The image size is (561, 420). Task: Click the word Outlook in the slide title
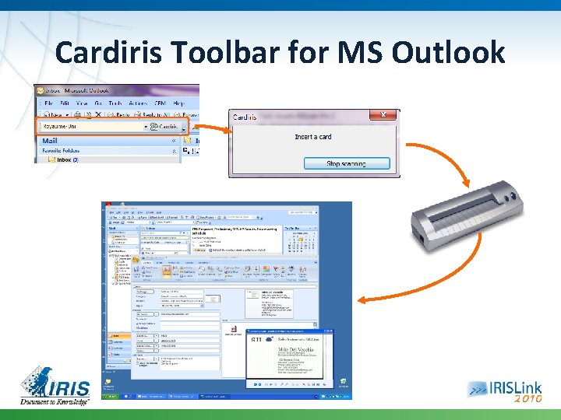coord(448,53)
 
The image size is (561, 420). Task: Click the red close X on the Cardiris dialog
coord(383,116)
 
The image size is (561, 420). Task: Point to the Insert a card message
coord(313,137)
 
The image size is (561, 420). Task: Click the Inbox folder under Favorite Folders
coord(63,159)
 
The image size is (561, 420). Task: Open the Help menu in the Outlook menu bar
coord(178,103)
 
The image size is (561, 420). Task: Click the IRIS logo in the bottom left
coord(55,381)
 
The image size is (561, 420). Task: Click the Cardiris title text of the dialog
coord(245,117)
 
